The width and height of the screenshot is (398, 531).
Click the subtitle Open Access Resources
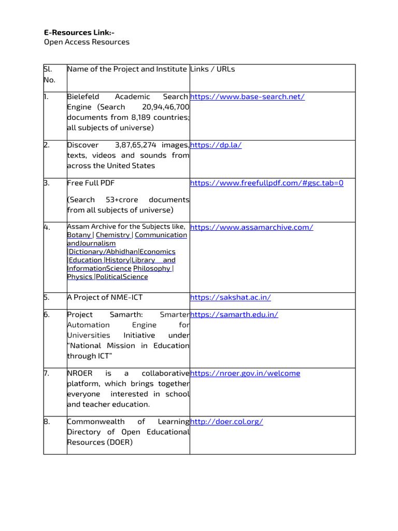click(87, 42)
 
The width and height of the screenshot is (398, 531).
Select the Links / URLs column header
click(212, 69)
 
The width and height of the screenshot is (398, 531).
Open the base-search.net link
click(247, 97)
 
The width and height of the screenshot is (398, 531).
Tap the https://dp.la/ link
click(216, 145)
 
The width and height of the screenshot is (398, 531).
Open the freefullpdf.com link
click(266, 183)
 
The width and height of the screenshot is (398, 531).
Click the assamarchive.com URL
click(251, 227)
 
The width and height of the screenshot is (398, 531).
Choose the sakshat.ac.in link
click(231, 298)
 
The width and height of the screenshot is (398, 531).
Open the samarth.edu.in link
click(234, 315)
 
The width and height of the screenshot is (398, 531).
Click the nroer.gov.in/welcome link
click(245, 373)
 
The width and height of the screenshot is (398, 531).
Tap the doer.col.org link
click(226, 422)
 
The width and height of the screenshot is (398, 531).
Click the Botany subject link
click(79, 235)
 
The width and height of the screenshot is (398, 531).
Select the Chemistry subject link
click(112, 235)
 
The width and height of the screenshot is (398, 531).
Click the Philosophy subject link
click(152, 268)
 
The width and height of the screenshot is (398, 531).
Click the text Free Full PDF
click(91, 183)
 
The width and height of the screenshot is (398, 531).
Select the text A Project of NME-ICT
click(105, 298)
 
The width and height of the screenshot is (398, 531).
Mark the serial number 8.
click(47, 422)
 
